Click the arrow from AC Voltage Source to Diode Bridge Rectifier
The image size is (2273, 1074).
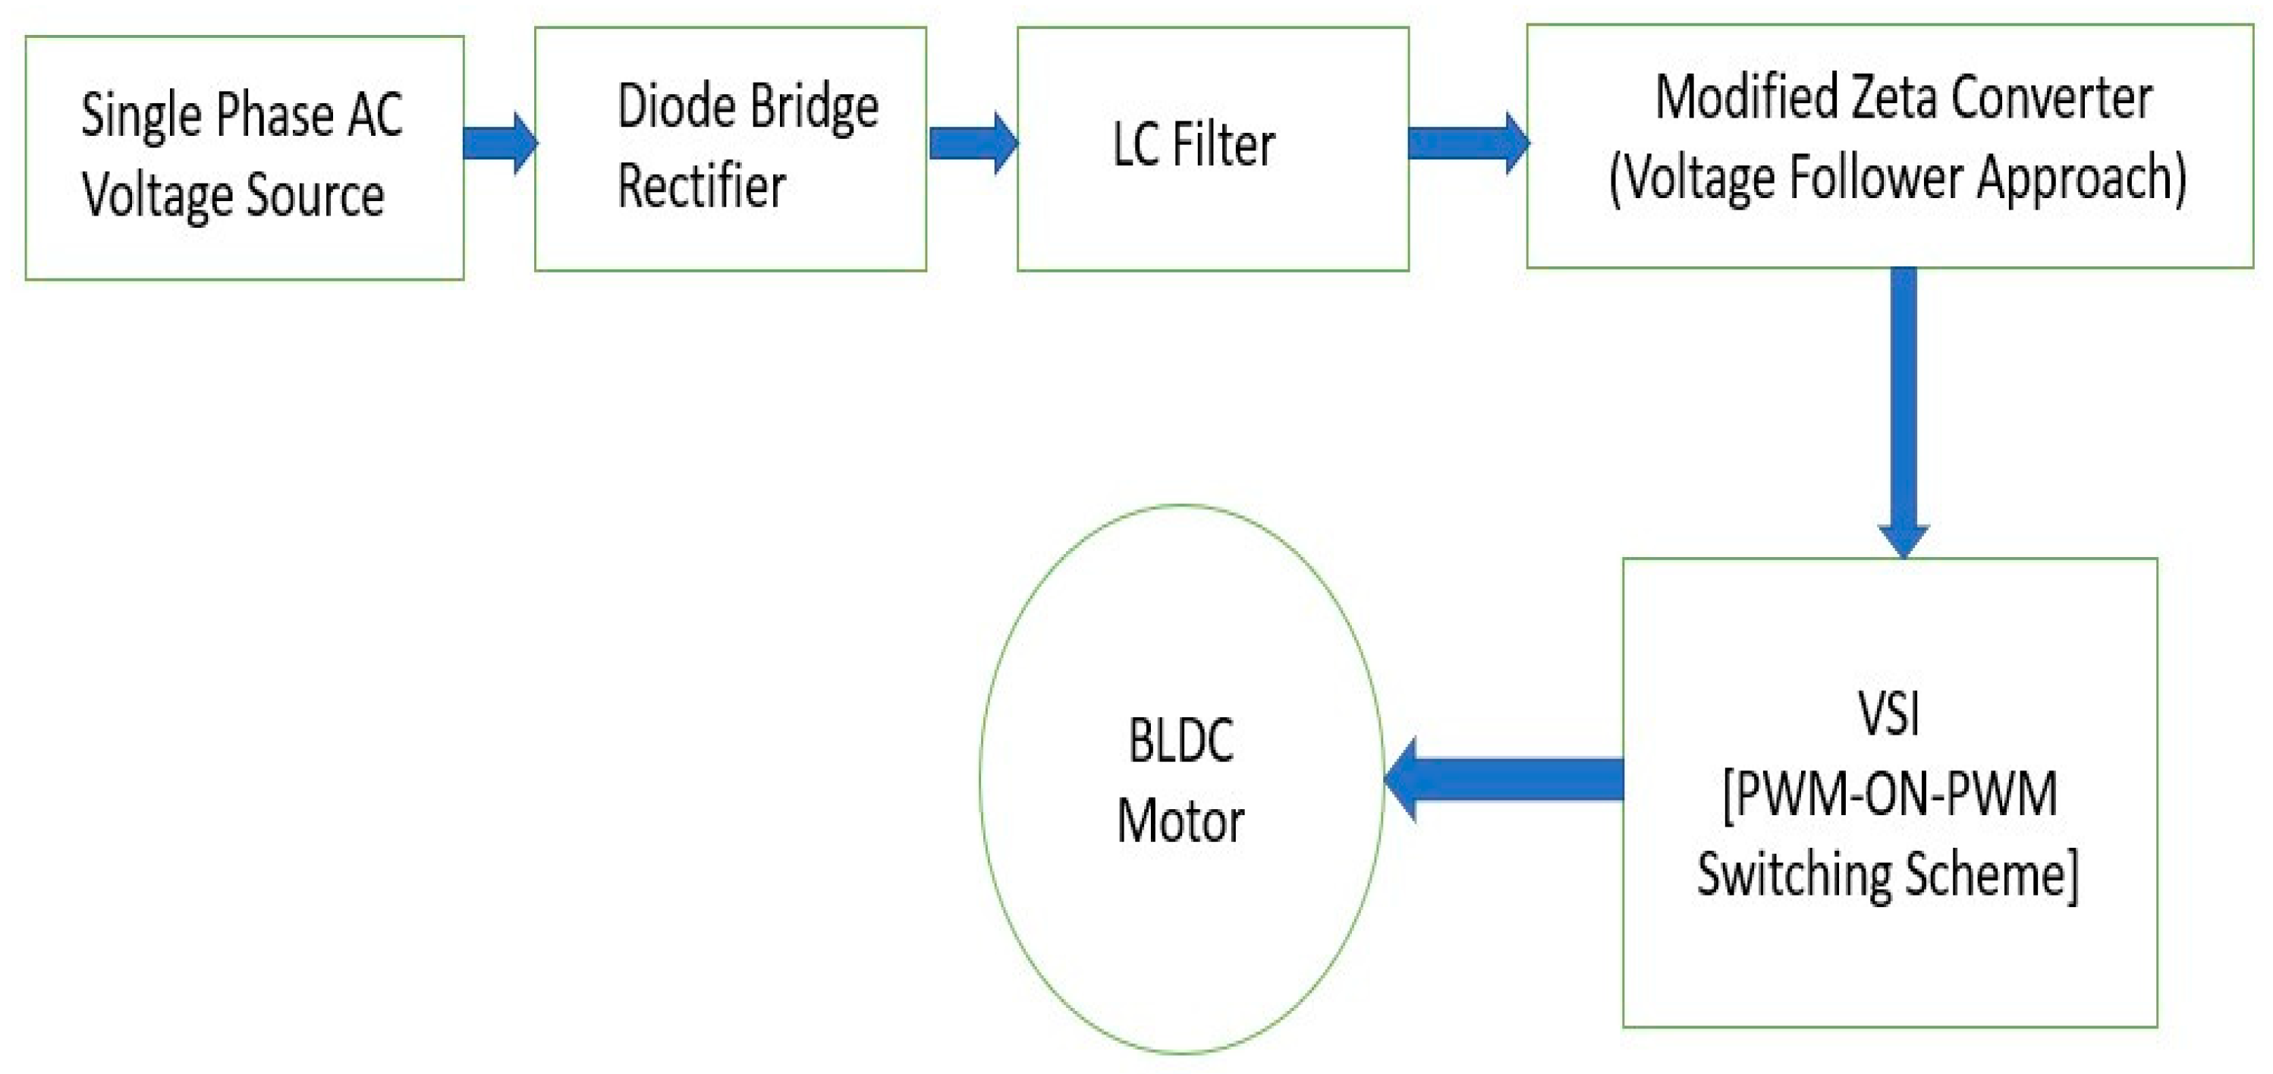pos(499,143)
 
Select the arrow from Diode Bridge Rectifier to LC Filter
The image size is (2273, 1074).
pos(973,143)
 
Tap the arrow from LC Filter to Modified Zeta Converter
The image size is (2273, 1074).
pos(1467,143)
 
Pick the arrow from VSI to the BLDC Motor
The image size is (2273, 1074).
pos(1504,780)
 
